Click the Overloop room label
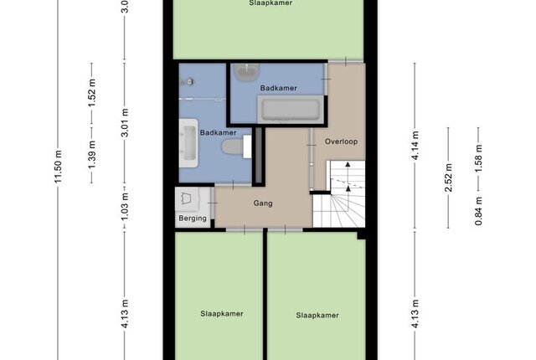341,141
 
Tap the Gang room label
263,203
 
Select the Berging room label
193,219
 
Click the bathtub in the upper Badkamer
291,109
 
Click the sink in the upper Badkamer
246,72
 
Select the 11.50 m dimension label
58,167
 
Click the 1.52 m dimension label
91,93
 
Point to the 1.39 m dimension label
91,154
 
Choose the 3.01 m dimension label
125,122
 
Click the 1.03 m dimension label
125,206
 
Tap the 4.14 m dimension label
415,145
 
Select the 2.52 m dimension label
449,177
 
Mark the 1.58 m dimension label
478,158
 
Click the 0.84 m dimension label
478,211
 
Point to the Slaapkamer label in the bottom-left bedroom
222,314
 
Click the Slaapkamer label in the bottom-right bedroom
317,316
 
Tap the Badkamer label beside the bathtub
279,88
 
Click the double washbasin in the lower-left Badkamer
188,143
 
